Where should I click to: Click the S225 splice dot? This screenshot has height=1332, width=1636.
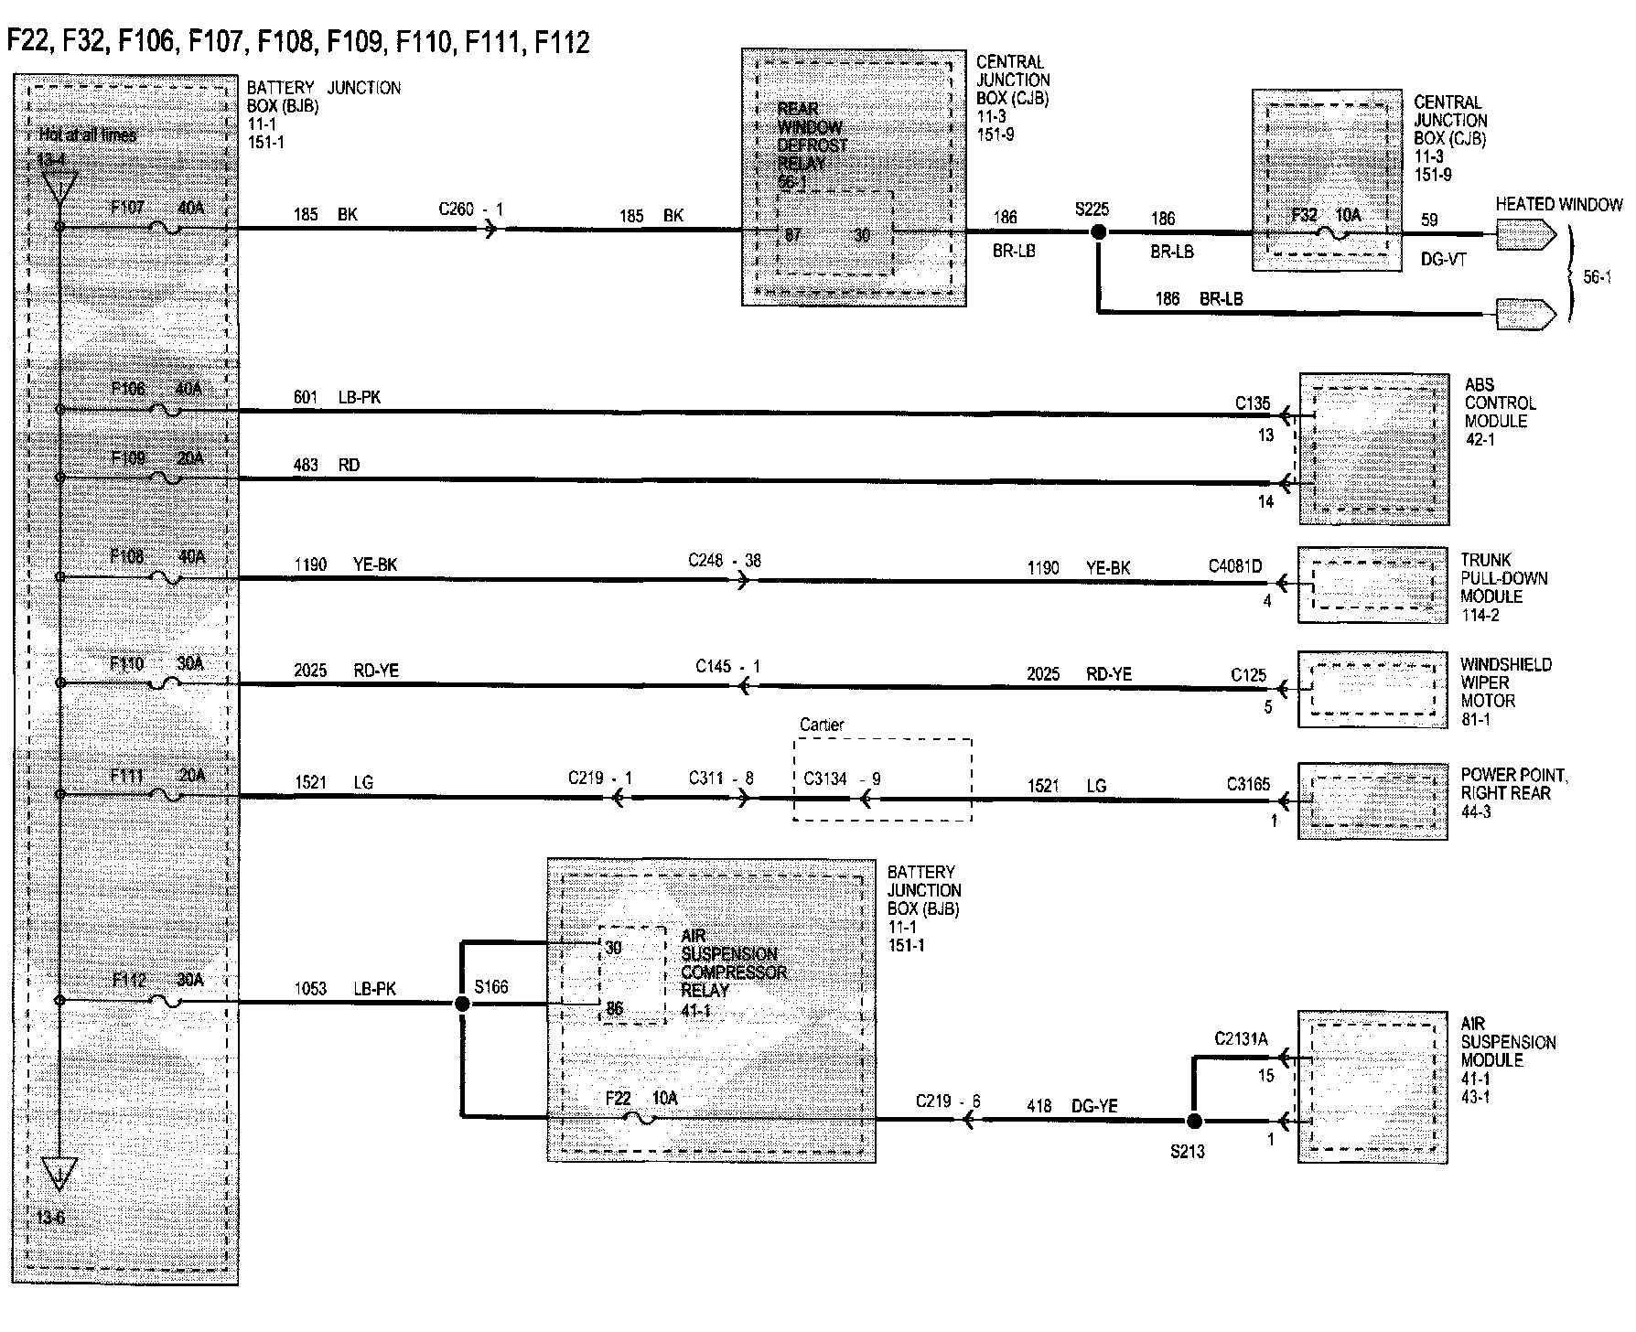point(1098,232)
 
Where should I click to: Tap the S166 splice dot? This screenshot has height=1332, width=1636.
point(462,1004)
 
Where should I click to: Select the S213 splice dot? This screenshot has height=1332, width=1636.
point(1193,1121)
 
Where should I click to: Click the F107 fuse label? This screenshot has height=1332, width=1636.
point(127,208)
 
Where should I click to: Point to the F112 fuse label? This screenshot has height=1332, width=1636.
point(129,980)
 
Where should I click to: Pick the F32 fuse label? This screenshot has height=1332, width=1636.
point(1304,216)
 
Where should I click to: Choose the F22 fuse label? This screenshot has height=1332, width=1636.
point(619,1098)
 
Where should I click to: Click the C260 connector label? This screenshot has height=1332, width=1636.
point(457,209)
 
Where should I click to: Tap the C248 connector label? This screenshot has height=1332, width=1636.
point(706,560)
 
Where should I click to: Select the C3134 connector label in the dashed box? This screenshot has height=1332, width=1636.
point(825,779)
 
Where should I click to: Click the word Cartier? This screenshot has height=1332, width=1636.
point(822,725)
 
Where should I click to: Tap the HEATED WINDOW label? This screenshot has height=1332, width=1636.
point(1558,205)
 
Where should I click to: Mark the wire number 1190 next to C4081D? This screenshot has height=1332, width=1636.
point(1042,568)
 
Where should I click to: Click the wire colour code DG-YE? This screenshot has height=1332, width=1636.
point(1094,1106)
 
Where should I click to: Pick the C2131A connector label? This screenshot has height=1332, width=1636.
point(1241,1038)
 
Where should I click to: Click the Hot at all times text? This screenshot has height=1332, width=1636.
point(88,135)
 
